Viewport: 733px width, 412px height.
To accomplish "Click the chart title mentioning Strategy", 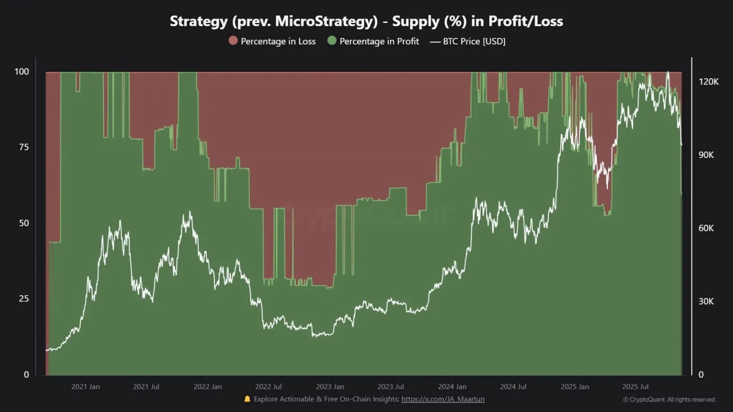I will [x=366, y=21].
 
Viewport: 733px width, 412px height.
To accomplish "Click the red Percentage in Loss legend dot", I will [x=233, y=41].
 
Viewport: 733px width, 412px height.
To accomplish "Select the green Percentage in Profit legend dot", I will [x=332, y=41].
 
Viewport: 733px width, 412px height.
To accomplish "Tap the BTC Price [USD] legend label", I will [x=474, y=41].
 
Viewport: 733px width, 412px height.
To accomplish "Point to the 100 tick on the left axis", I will [x=21, y=72].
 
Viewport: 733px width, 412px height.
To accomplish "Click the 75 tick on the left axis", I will [x=24, y=147].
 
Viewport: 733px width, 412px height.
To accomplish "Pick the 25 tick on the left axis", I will [x=24, y=299].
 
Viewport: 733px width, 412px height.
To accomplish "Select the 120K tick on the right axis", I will [x=708, y=82].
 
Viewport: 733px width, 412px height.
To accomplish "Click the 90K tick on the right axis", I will [x=706, y=155].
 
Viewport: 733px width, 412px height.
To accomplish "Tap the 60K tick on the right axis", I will [x=706, y=228].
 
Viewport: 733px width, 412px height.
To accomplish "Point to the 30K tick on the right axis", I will [x=706, y=301].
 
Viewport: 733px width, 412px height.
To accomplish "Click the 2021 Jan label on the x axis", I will [x=85, y=387].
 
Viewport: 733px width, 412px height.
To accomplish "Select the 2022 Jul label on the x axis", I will [x=268, y=387].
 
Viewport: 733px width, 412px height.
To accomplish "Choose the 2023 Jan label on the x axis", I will [x=330, y=387].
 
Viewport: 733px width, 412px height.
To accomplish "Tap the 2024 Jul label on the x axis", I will [x=513, y=387].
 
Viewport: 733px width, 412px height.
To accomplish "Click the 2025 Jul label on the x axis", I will [x=635, y=387].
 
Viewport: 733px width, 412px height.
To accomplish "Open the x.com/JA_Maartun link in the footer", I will [x=442, y=399].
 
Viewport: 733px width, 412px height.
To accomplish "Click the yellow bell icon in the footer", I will [x=247, y=399].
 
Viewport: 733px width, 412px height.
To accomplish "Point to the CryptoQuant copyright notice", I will [x=669, y=400].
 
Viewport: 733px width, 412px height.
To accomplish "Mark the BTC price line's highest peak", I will [x=668, y=72].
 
